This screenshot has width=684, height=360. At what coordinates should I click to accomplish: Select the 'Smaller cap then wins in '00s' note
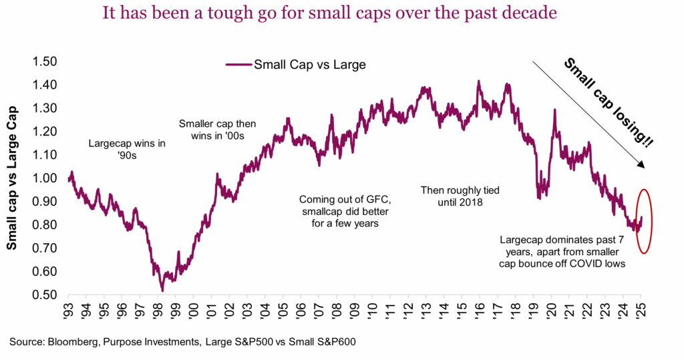tap(217, 130)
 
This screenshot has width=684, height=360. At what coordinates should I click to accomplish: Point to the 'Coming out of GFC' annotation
tap(339, 212)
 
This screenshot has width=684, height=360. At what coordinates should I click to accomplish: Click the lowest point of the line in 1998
tap(162, 291)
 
